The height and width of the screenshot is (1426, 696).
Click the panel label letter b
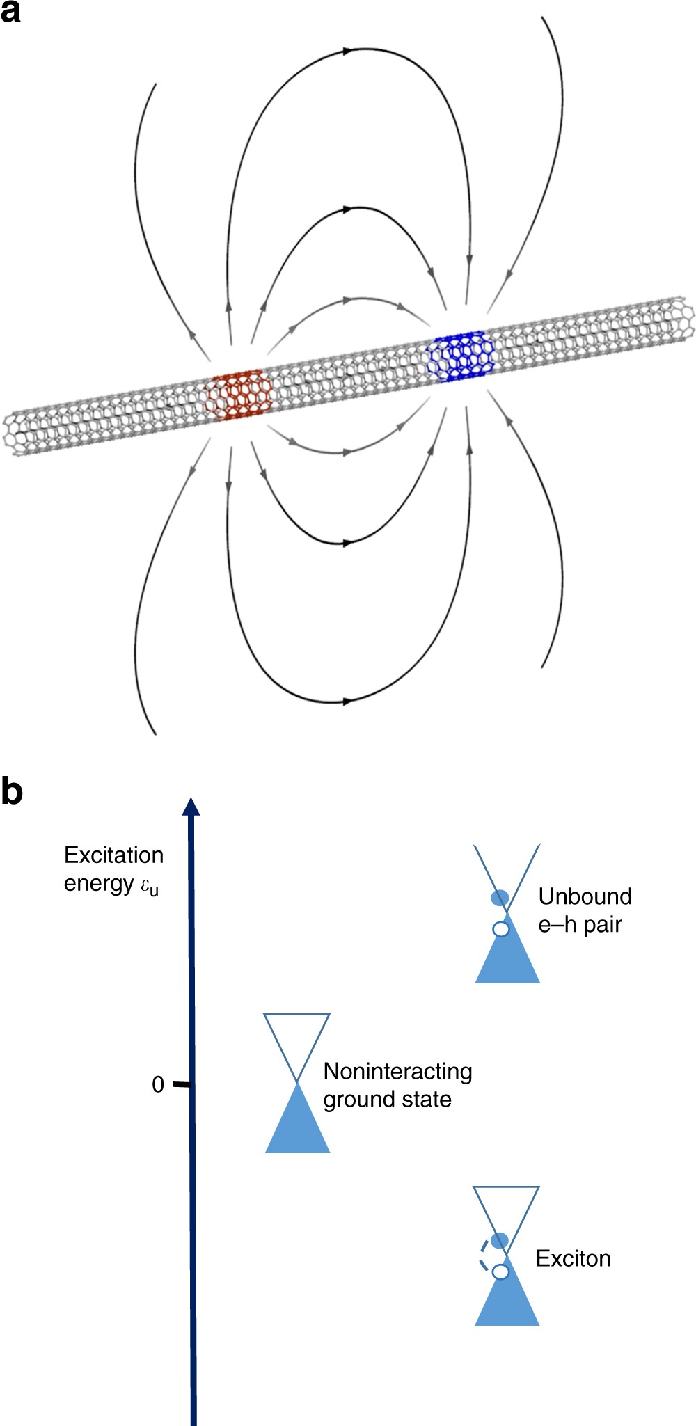[x=11, y=791]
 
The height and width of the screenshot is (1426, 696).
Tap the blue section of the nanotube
[x=461, y=355]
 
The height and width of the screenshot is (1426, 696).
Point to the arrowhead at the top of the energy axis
[x=191, y=807]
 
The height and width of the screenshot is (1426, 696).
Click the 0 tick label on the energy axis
[x=158, y=1084]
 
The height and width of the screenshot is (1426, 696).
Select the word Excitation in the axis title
[x=113, y=855]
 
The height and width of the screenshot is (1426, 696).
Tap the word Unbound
[x=585, y=896]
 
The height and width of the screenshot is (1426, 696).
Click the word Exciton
[x=573, y=1258]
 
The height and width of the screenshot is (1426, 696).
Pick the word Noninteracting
[x=397, y=1071]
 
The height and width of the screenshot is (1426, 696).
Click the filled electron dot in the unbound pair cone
[x=500, y=897]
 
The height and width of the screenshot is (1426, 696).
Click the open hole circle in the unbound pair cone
[x=500, y=929]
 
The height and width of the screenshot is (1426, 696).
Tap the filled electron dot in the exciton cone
[x=499, y=1240]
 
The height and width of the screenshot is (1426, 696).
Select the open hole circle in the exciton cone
[x=500, y=1271]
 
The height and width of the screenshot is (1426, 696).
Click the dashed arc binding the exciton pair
[x=480, y=1256]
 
